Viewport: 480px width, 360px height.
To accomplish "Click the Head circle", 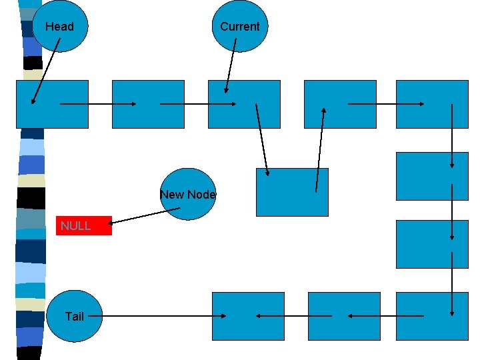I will pos(59,27).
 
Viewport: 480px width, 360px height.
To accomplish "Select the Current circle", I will pos(239,27).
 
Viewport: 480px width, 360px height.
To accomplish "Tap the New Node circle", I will pos(189,194).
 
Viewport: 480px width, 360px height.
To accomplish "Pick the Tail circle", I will pos(74,317).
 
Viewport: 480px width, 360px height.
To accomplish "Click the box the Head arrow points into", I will pos(52,104).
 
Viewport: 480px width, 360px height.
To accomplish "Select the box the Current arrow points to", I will pos(244,104).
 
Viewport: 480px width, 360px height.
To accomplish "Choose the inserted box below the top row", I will pos(292,192).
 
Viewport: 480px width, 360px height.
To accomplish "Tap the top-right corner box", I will pos(432,104).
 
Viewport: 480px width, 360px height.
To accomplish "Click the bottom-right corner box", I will pos(432,316).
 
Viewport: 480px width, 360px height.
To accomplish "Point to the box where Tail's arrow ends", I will pos(248,316).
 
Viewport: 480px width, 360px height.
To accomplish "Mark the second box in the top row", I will pos(148,104).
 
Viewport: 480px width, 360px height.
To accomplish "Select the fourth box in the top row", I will pos(340,104).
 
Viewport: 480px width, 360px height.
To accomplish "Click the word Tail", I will pos(75,317).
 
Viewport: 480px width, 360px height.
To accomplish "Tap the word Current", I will pos(239,27).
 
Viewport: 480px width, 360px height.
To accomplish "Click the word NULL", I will pos(75,226).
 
